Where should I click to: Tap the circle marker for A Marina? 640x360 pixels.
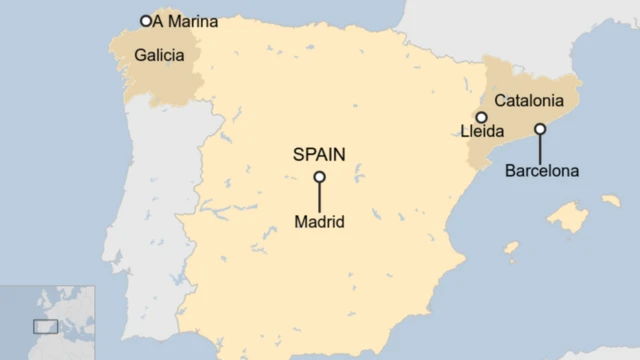146,20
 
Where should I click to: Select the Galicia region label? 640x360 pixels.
159,55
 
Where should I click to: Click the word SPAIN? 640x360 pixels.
319,154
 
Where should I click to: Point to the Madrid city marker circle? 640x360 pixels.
319,177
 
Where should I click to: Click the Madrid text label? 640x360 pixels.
319,222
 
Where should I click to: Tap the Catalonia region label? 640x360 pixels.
529,100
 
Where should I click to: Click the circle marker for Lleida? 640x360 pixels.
481,117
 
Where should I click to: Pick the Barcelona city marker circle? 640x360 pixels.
540,128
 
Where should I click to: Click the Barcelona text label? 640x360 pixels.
541,171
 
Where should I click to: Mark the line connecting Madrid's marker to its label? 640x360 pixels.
319,197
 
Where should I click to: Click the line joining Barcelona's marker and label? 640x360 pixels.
540,148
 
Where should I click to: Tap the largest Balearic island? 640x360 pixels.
568,217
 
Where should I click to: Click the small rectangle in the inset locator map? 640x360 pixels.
45,326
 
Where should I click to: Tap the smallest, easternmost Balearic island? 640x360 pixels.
610,200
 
